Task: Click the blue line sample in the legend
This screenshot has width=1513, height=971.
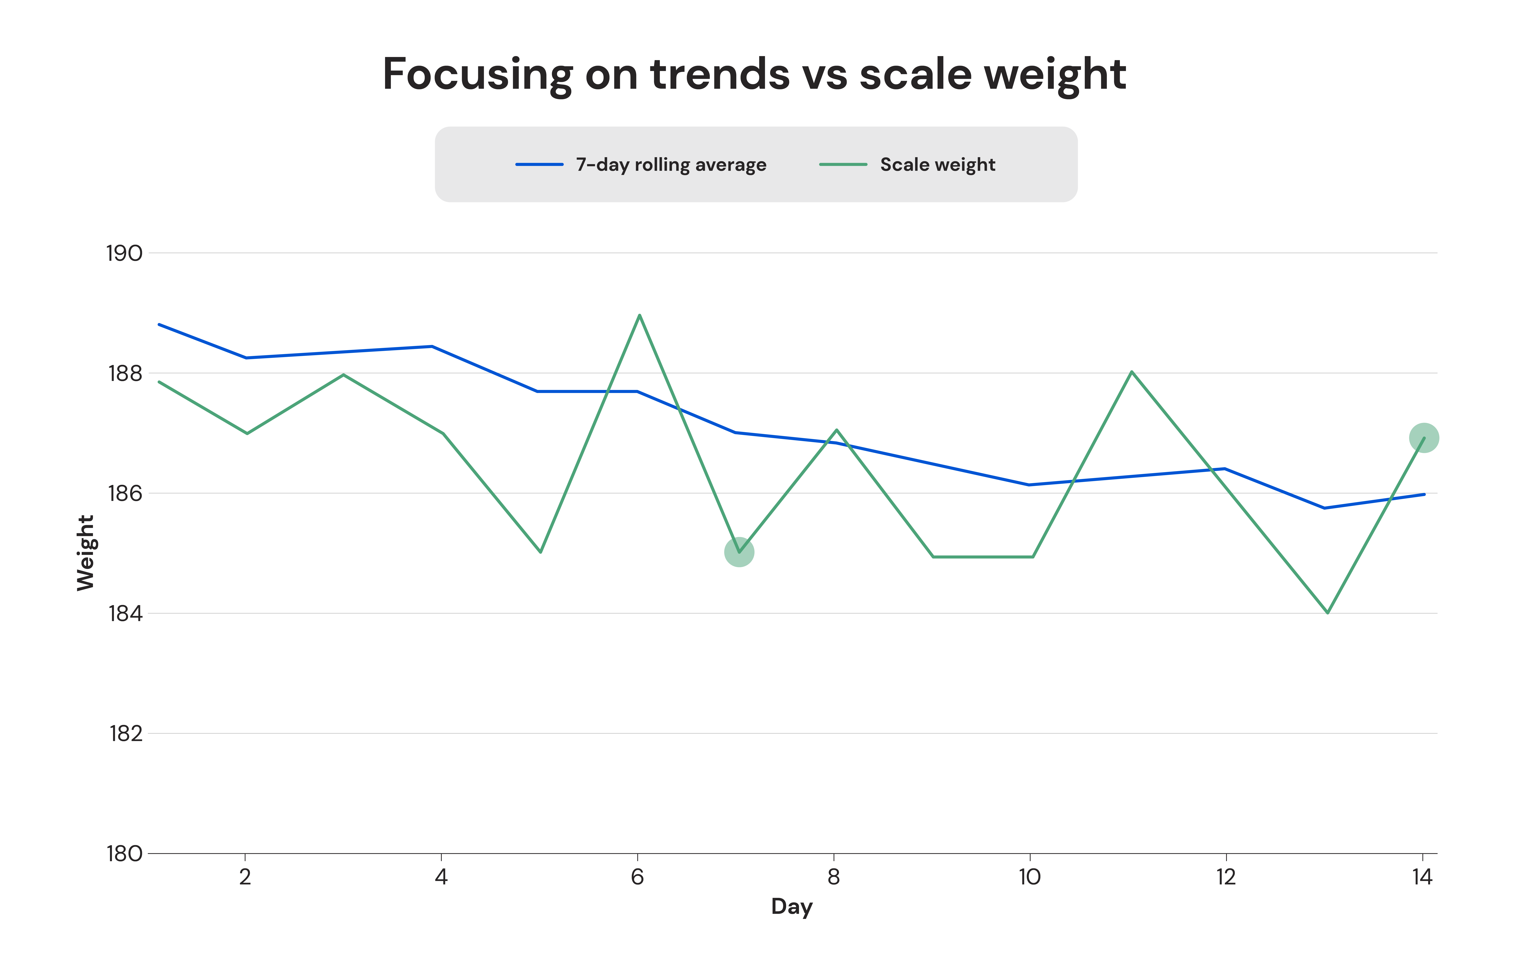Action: tap(539, 165)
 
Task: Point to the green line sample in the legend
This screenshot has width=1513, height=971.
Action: tap(843, 165)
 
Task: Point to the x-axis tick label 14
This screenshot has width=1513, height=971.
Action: tap(1422, 877)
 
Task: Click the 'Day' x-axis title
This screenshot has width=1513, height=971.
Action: tap(792, 907)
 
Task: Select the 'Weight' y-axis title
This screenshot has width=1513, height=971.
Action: tap(85, 553)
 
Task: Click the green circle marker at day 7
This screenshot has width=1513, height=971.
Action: tap(739, 552)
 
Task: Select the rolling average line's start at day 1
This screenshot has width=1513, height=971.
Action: tap(159, 325)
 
